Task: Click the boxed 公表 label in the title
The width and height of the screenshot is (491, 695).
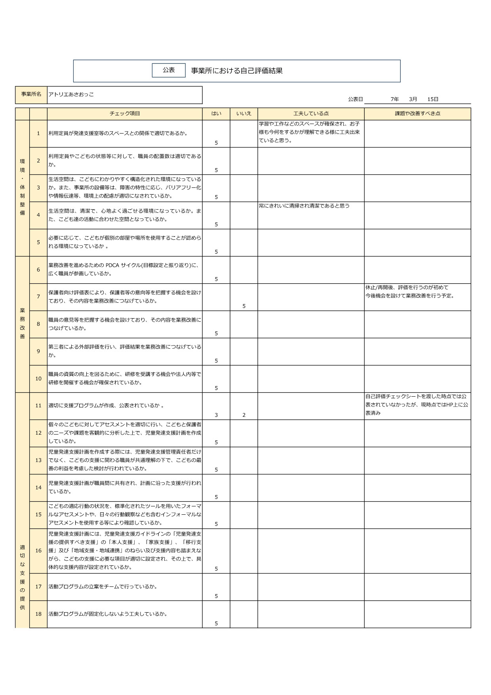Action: (169, 70)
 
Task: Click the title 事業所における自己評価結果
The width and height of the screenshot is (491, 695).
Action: (237, 71)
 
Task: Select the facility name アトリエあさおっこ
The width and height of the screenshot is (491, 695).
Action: (71, 95)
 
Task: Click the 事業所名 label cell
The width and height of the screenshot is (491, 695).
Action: (31, 94)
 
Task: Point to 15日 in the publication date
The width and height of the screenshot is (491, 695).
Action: (433, 99)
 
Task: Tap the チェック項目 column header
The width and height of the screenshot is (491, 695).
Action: (125, 114)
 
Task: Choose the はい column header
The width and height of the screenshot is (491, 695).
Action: (216, 114)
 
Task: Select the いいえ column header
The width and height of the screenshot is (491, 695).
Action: (244, 114)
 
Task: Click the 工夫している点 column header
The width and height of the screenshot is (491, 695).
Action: (311, 114)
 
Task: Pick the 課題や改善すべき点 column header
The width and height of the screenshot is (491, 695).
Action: (417, 114)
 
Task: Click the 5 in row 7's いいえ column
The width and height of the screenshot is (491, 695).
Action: (244, 306)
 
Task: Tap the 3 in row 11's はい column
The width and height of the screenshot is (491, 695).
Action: (216, 415)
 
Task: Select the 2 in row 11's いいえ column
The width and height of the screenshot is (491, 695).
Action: (244, 415)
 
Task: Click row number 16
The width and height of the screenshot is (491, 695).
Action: (38, 550)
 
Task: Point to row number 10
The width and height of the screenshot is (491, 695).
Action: (38, 378)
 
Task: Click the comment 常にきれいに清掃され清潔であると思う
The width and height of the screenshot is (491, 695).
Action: (304, 206)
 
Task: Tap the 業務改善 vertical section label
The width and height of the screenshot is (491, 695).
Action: (22, 323)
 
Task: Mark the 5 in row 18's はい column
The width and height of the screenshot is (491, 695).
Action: (216, 623)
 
